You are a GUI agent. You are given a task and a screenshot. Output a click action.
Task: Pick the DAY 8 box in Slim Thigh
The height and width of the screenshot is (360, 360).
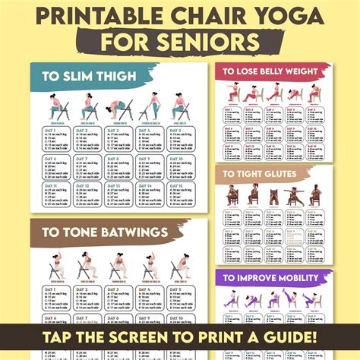116,166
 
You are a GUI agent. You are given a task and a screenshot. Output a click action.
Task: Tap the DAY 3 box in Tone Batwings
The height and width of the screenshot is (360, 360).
116,298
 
